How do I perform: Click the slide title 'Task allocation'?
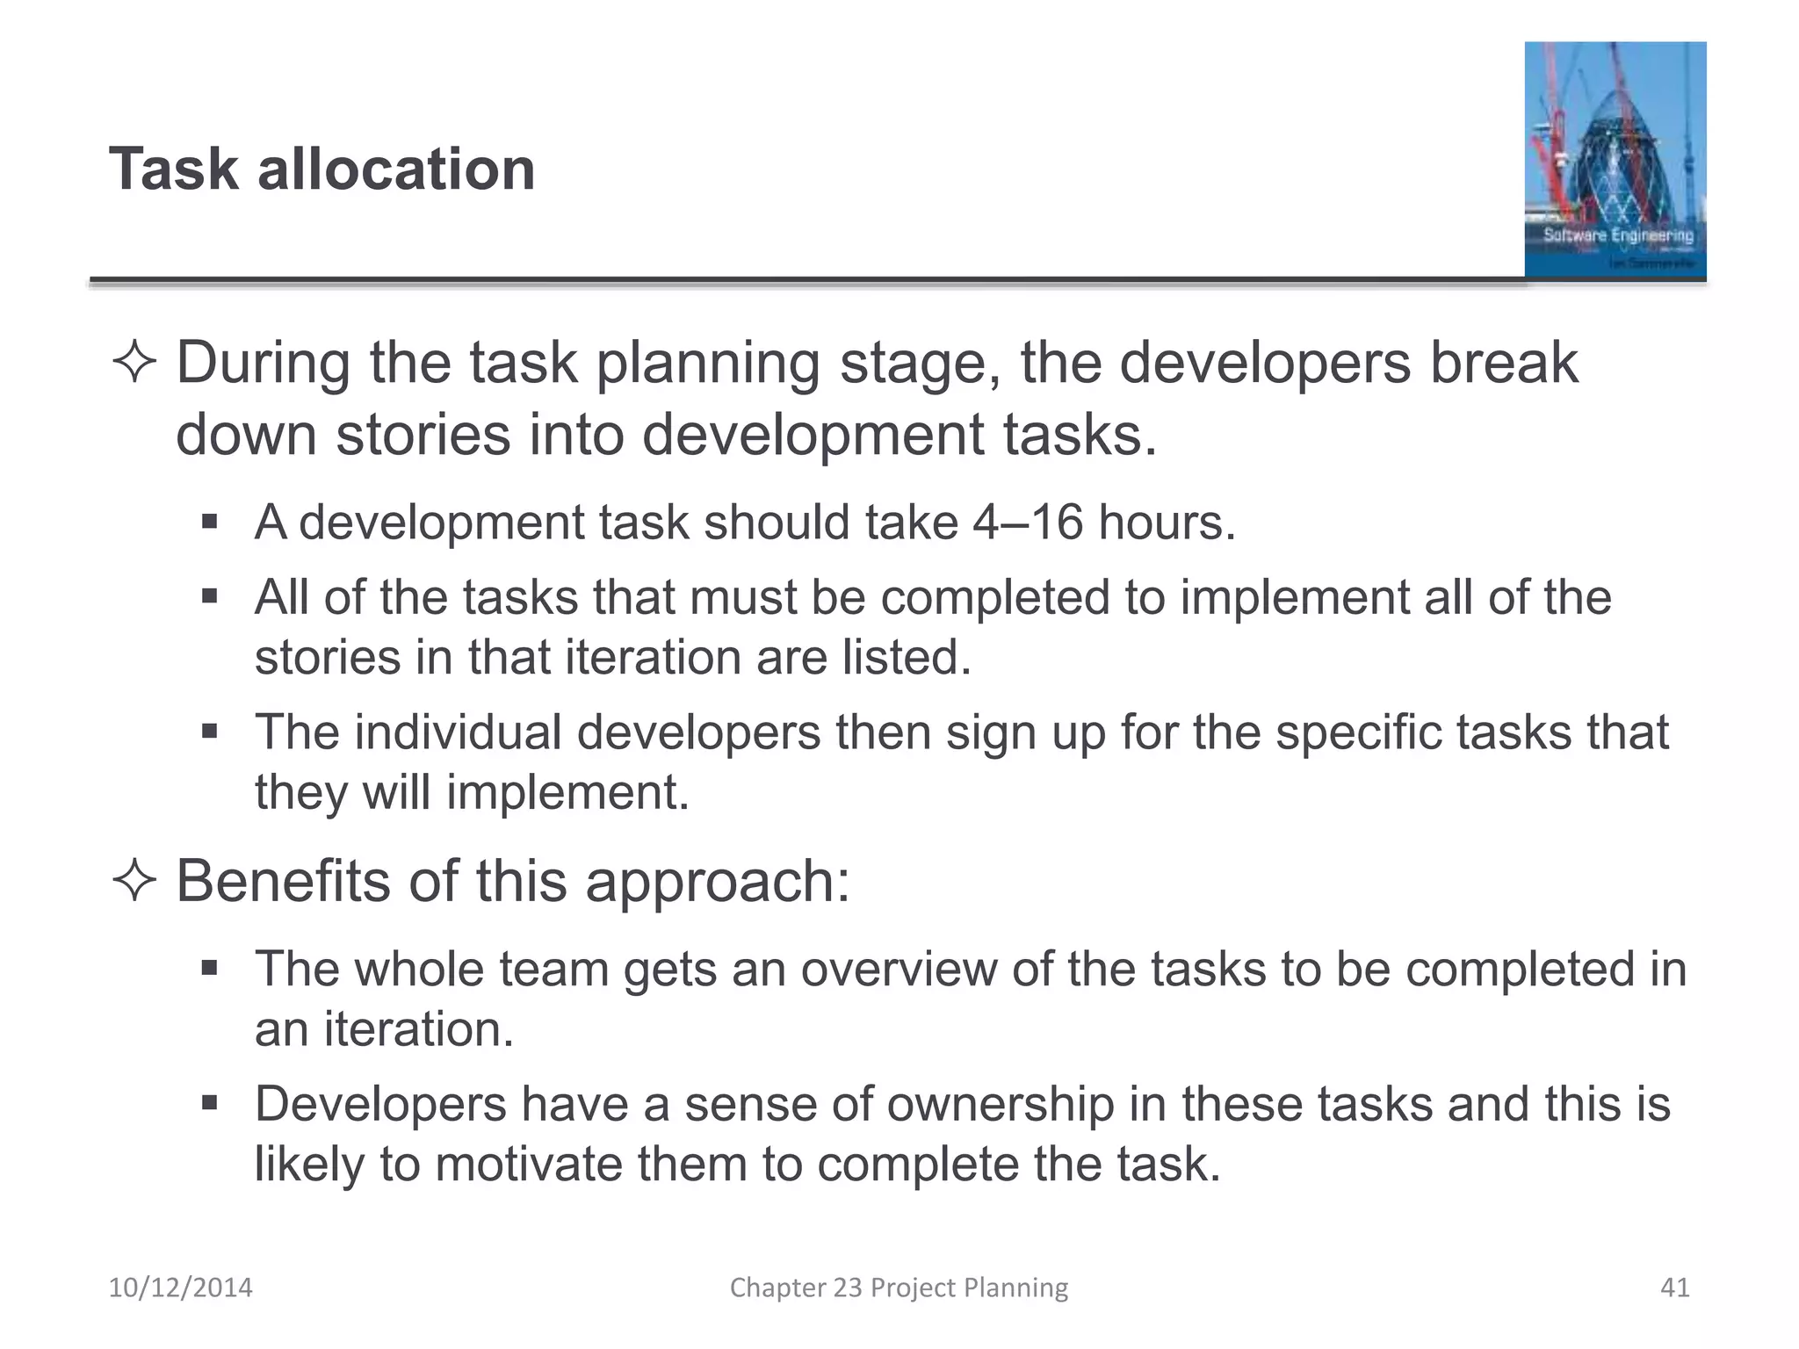pos(322,169)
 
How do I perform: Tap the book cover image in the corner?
pos(1615,160)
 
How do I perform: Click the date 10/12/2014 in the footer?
pos(180,1288)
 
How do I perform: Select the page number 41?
pos(1674,1288)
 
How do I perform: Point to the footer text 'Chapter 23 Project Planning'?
pos(899,1288)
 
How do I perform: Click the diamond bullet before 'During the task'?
pos(134,364)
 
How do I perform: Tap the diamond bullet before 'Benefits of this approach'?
pos(134,881)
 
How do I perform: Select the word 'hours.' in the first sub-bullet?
pos(1167,523)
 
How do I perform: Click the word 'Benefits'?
pos(283,881)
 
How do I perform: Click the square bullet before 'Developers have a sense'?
pos(209,1103)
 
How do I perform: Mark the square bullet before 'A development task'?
pos(209,523)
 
